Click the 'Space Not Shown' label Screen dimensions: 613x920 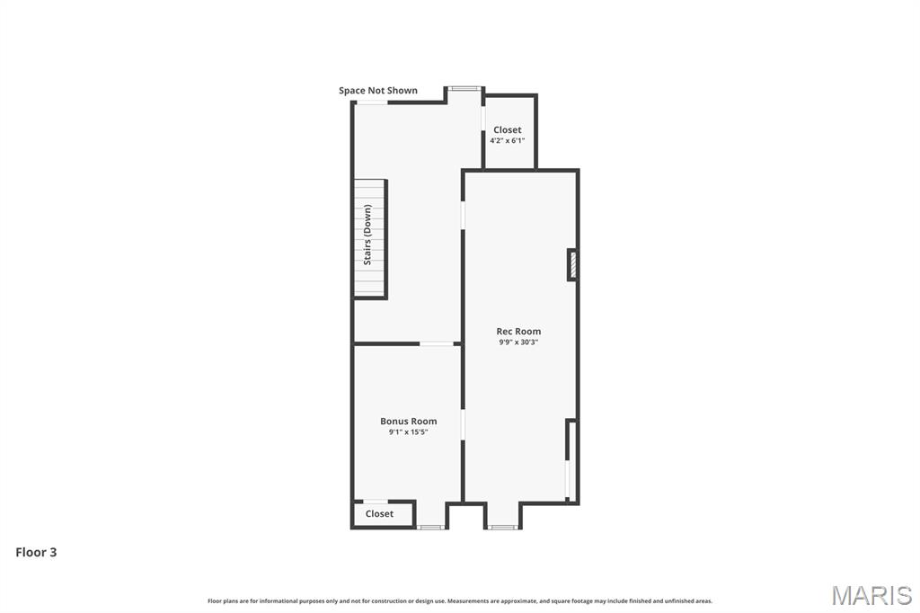377,91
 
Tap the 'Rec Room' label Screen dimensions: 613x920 518,332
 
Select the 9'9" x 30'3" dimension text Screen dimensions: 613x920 518,342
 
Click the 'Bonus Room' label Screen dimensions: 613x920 408,422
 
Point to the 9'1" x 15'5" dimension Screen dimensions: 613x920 408,432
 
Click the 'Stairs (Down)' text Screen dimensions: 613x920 367,235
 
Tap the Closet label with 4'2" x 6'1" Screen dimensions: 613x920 507,130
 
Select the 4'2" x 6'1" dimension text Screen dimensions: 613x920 507,141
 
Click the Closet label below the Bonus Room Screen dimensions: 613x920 379,514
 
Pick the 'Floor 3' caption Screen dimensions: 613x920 36,553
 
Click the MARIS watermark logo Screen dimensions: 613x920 871,595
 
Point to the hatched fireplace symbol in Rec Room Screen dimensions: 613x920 571,265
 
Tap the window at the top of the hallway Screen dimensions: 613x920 464,88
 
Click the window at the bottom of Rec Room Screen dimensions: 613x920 502,527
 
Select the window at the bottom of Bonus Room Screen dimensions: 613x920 431,527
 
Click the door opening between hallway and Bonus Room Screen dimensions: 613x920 437,343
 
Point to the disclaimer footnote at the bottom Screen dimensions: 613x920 460,601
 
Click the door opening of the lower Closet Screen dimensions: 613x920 376,502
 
